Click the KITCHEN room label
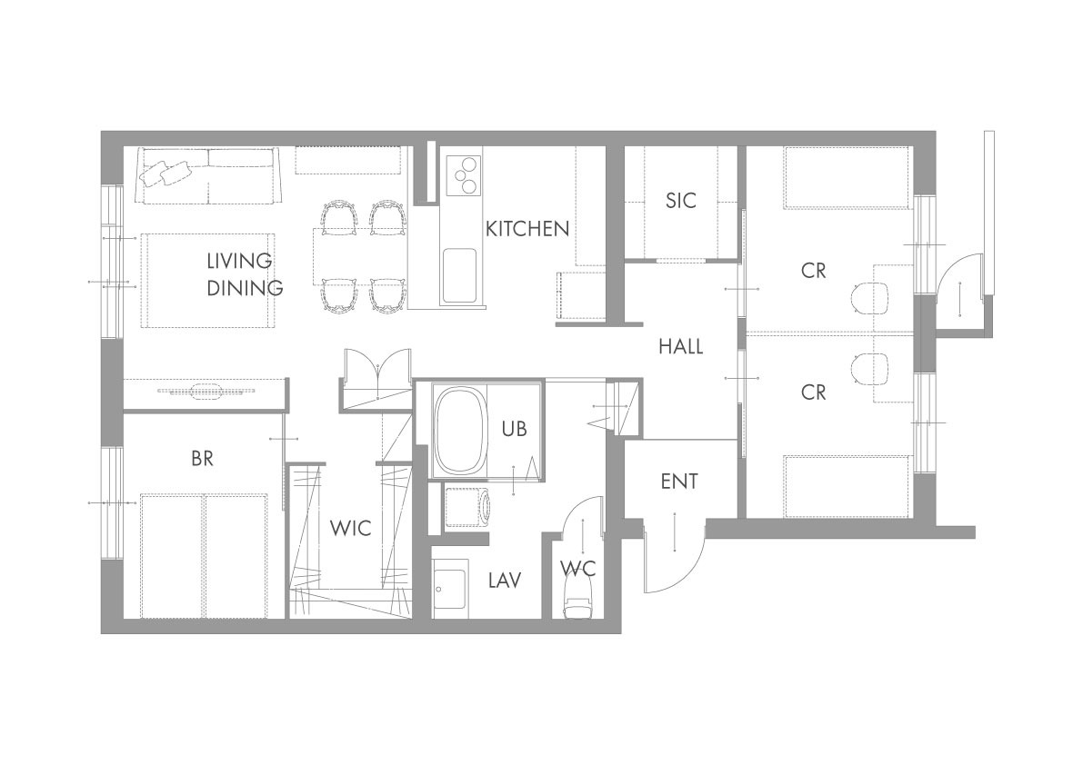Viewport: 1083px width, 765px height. pos(527,228)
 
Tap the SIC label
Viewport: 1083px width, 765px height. pos(681,201)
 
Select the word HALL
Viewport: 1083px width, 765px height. pos(681,346)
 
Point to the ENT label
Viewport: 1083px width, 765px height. pos(679,482)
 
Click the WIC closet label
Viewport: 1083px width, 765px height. pos(351,529)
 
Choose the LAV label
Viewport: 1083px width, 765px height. pos(504,581)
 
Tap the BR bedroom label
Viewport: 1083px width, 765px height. pos(203,459)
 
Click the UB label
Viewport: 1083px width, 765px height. pos(515,429)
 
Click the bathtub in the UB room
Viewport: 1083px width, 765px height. pos(459,431)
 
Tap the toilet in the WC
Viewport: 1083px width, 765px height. pos(578,597)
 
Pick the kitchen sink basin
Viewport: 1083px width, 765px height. pos(459,276)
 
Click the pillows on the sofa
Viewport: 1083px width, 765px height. pos(165,173)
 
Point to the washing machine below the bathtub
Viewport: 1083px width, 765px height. pos(467,508)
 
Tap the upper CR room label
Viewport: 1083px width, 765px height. pos(814,271)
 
